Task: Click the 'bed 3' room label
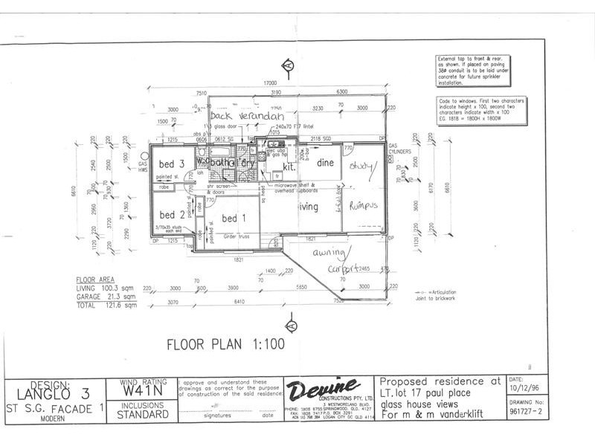point(172,164)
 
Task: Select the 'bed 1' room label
point(233,218)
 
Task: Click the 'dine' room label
point(325,162)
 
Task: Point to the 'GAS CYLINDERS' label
point(402,149)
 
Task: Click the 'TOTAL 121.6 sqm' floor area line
point(107,305)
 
